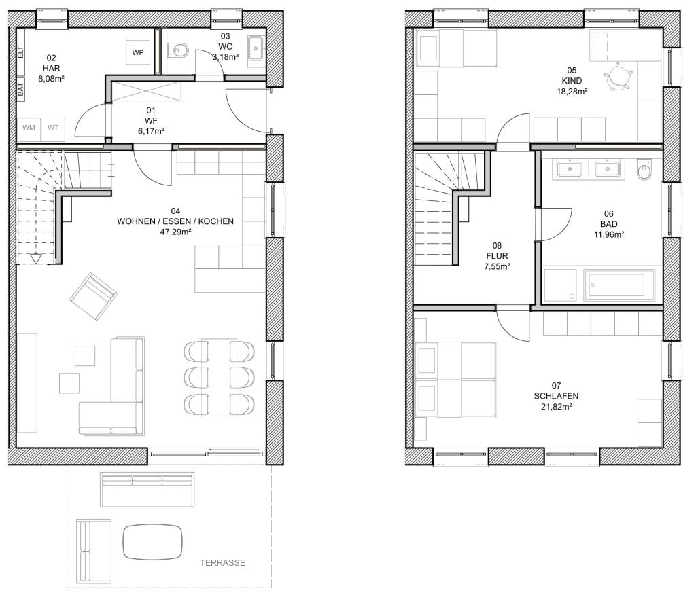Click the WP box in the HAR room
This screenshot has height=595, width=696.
click(x=138, y=52)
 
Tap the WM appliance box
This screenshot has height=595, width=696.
click(x=29, y=128)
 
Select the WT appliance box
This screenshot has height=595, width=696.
click(x=52, y=128)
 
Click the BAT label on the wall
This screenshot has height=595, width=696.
click(x=20, y=89)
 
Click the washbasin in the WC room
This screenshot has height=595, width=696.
click(x=256, y=46)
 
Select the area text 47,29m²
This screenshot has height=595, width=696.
click(x=175, y=232)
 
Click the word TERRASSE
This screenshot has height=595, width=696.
click(x=222, y=563)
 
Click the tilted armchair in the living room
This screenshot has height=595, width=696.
click(x=92, y=297)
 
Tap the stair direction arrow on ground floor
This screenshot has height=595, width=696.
click(x=36, y=257)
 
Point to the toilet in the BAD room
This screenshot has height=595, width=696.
click(x=644, y=172)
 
